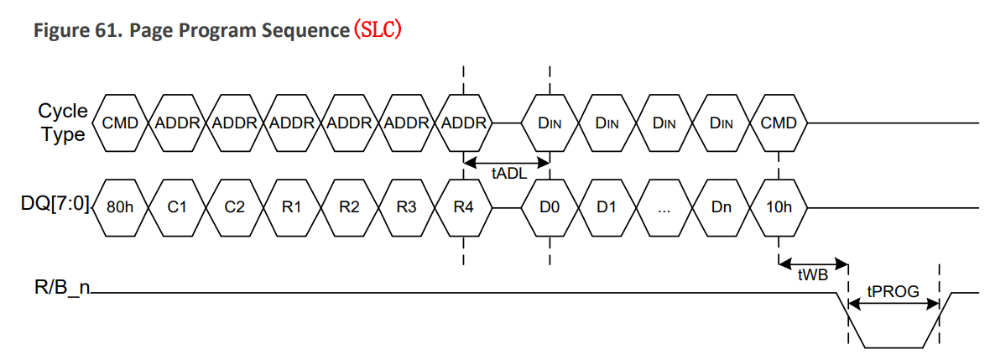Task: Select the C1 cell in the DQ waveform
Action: pyautogui.click(x=176, y=207)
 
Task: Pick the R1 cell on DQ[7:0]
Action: pyautogui.click(x=291, y=207)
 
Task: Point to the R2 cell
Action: pyautogui.click(x=349, y=207)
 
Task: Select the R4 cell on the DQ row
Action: pyautogui.click(x=464, y=207)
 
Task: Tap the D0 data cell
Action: pyautogui.click(x=550, y=207)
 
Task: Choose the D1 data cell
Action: pyautogui.click(x=607, y=207)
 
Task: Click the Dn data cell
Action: pyautogui.click(x=722, y=207)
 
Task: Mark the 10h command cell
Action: pyautogui.click(x=779, y=207)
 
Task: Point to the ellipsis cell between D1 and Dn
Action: pyautogui.click(x=664, y=207)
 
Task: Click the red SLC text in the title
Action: pyautogui.click(x=378, y=31)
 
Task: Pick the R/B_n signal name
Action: pyautogui.click(x=62, y=291)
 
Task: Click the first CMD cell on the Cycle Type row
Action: pyautogui.click(x=119, y=123)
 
